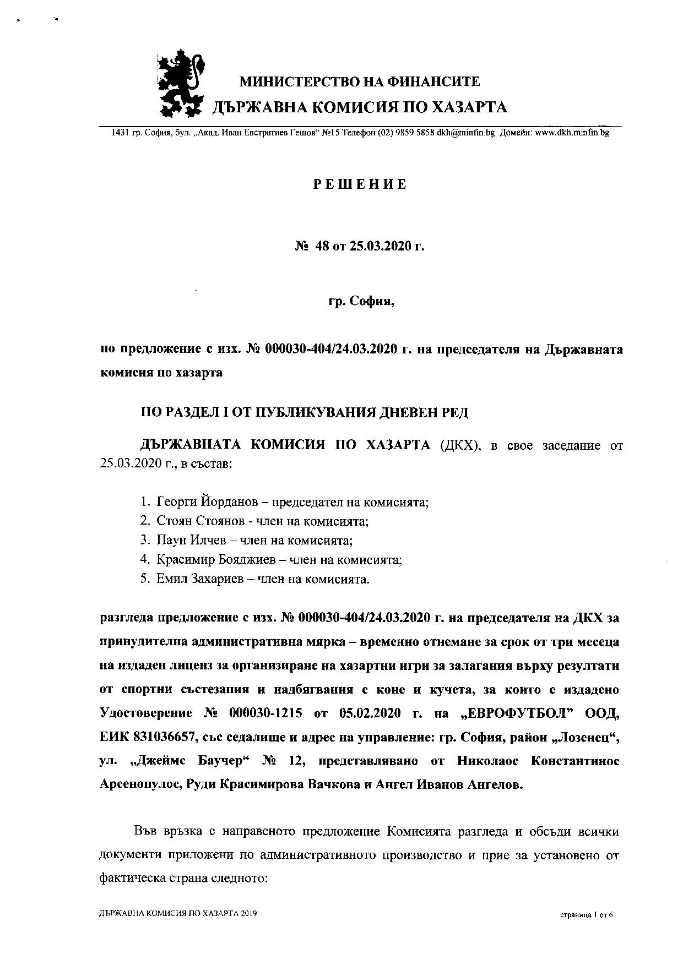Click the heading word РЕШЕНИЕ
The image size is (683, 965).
360,184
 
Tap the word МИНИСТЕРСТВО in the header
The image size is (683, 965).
298,82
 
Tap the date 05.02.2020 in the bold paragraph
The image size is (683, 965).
372,713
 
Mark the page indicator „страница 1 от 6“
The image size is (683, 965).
586,915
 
